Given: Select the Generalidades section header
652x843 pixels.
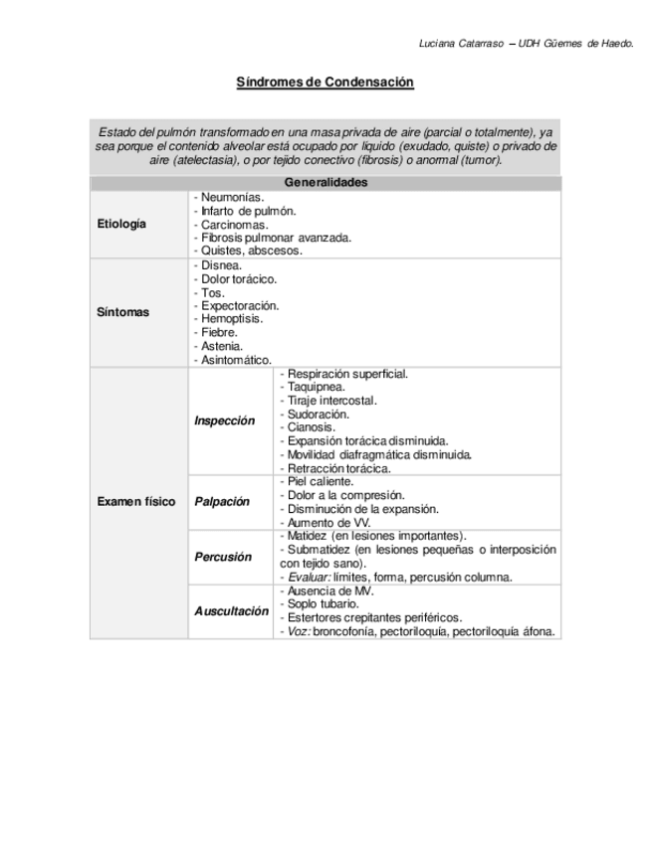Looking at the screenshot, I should point(326,183).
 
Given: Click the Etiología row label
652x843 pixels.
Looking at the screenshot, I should point(121,224).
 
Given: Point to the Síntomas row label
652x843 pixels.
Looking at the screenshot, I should point(122,312).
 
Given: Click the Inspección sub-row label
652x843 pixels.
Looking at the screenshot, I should point(224,421).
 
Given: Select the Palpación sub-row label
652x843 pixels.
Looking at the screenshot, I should point(222,502).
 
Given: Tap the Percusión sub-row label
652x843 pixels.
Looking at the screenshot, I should point(222,557).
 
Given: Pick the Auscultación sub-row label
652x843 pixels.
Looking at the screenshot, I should point(231,610).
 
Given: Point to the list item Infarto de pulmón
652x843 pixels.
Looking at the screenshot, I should point(245,211).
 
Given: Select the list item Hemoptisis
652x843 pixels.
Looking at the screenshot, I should point(231,319).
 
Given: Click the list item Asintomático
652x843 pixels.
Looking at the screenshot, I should point(235,360).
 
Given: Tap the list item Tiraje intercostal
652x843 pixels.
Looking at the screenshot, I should point(331,400).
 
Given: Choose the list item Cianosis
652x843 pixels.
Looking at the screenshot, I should point(311,427).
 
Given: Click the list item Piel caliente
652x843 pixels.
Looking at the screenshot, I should point(319,481).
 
